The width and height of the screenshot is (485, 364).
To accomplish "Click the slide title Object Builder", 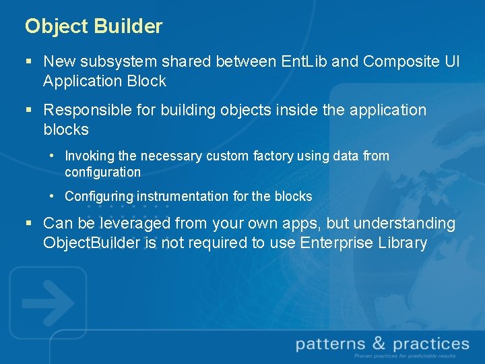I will click(x=94, y=26).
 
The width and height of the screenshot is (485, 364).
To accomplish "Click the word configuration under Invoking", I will click(x=102, y=173).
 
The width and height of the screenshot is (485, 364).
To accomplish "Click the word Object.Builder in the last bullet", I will click(x=92, y=243).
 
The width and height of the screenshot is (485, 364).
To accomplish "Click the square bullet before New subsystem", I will click(x=28, y=62).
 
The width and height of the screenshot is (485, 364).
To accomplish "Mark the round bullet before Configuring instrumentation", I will click(x=52, y=196).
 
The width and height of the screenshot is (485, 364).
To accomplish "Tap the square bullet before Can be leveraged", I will click(x=28, y=223).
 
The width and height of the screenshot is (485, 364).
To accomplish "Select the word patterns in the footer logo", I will click(x=330, y=344).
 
